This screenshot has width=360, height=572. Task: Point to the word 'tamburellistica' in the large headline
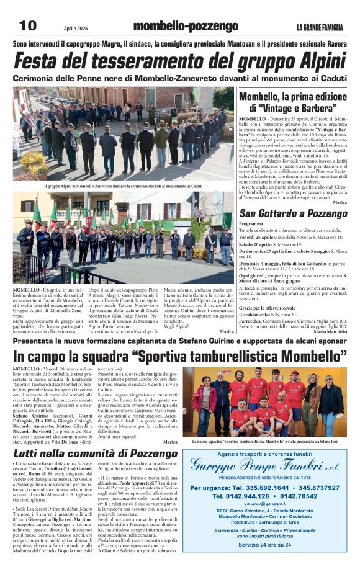[226, 357]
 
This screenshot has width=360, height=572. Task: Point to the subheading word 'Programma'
[251, 223]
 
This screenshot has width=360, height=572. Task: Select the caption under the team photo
[269, 441]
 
